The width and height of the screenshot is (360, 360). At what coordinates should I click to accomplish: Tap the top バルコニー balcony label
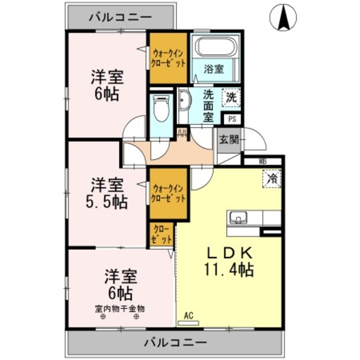[x=120, y=17]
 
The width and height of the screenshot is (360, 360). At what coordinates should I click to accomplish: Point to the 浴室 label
[x=214, y=69]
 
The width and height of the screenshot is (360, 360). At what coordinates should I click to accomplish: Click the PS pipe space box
[x=232, y=119]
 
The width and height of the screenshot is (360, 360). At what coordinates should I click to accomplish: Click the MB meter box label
[x=262, y=161]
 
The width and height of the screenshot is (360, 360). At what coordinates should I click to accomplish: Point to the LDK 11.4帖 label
[x=228, y=260]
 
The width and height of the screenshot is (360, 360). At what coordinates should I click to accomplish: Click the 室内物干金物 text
[x=120, y=308]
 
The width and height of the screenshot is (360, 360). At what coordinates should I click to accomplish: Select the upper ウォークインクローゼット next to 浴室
[x=168, y=58]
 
